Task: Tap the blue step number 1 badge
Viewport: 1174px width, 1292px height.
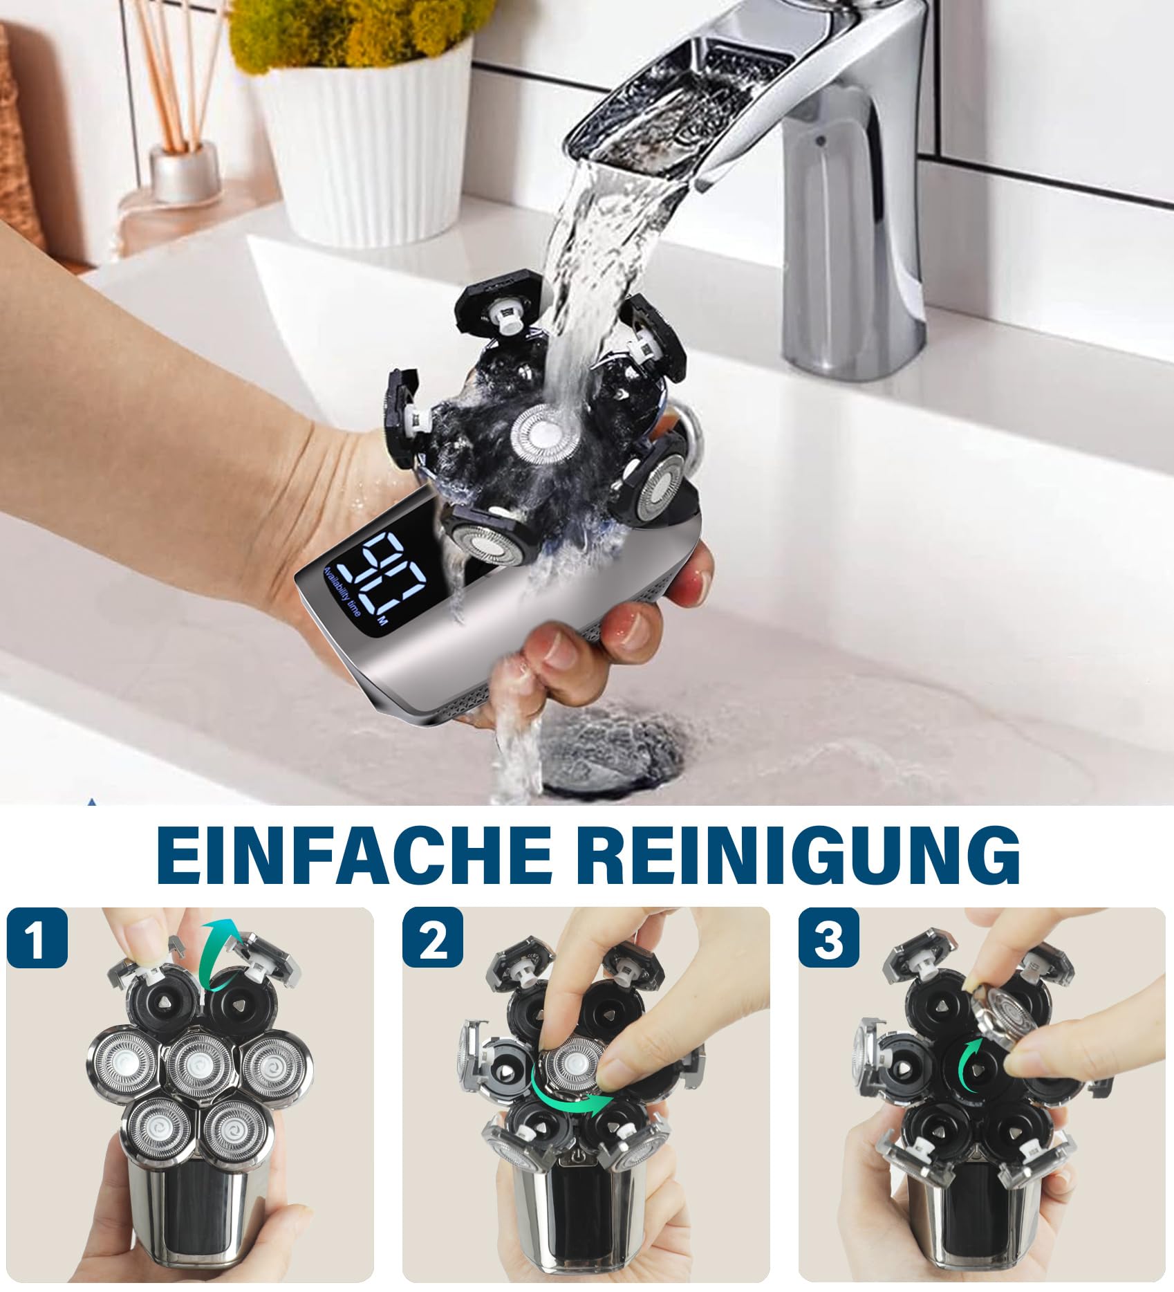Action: (38, 938)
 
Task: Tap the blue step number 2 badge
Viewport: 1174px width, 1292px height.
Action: (434, 938)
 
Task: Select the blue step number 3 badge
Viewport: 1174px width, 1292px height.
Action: (830, 938)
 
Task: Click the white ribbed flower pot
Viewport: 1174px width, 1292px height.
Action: (366, 138)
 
